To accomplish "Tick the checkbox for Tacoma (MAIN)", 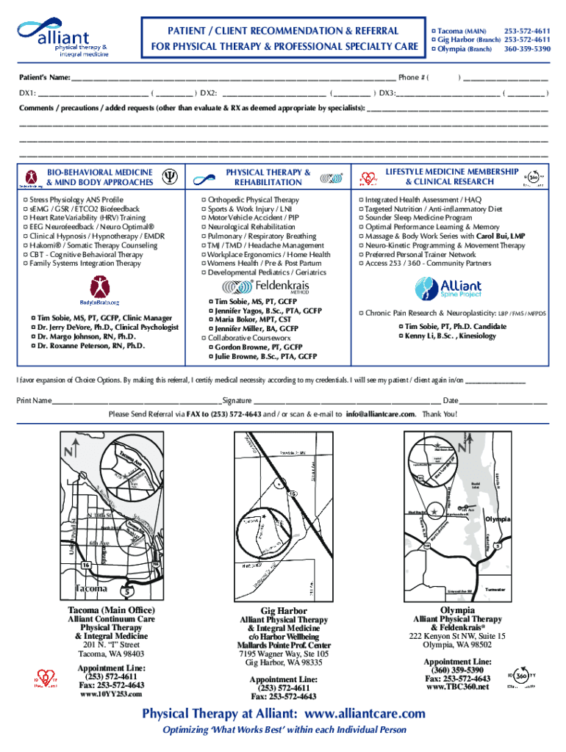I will (x=434, y=30).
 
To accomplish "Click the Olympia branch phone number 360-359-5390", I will (x=526, y=48).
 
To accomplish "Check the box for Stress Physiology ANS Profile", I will (x=26, y=200).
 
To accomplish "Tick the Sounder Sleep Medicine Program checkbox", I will (x=361, y=218).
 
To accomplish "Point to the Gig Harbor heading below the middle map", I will (x=284, y=610).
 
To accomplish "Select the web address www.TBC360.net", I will (x=457, y=687).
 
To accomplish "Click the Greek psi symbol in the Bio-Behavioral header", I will (x=168, y=177).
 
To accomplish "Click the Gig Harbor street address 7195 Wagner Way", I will (x=284, y=653).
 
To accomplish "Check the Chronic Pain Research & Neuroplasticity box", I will (x=361, y=313).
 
